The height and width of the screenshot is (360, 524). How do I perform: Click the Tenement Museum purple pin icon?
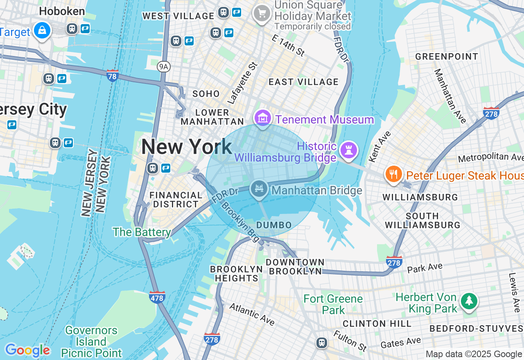coord(263,118)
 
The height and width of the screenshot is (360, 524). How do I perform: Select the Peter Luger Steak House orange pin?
coord(393,174)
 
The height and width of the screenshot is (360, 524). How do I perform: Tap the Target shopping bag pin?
coord(42,30)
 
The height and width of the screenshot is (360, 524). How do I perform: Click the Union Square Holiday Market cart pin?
coord(262,13)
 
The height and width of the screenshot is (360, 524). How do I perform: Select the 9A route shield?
coord(164,67)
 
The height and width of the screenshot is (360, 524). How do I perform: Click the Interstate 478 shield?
coord(157,297)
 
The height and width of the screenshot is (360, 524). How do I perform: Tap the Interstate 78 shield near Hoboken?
coord(113,76)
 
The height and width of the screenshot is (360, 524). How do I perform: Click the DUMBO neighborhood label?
coord(274,225)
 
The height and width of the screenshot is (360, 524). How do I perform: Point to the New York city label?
coord(187,147)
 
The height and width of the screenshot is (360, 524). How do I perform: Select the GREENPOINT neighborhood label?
coord(447,56)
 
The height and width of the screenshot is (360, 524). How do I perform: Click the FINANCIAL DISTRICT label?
coord(176,200)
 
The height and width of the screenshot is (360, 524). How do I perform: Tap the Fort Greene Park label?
coord(333,304)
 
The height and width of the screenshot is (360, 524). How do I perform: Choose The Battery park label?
coord(142,232)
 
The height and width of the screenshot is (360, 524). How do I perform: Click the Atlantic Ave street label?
coord(251,314)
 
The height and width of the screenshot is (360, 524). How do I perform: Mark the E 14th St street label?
coord(289,45)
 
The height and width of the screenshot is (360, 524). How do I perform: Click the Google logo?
coord(27,350)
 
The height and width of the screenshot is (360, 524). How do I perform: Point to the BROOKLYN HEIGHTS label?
coord(236,274)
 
